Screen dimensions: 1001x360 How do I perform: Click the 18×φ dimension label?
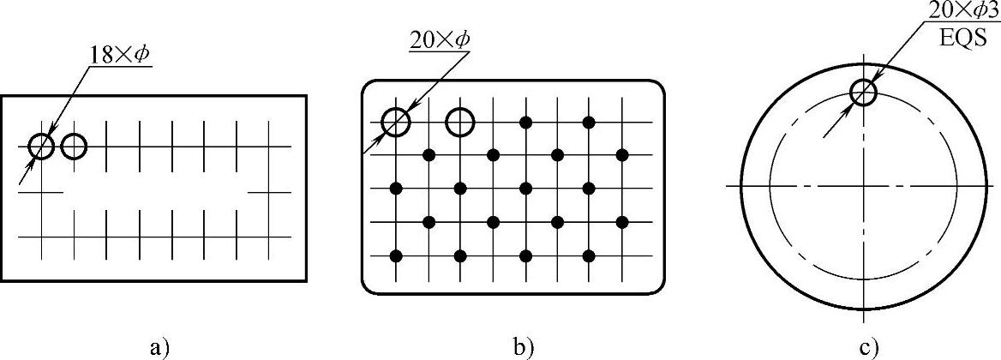click(x=119, y=55)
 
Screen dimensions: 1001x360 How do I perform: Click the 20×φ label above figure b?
click(x=440, y=40)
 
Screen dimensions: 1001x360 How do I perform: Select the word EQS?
click(x=961, y=38)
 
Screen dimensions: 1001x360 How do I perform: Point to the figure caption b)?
click(x=524, y=346)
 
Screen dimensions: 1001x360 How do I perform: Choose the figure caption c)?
click(x=871, y=346)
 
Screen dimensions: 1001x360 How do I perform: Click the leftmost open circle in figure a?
click(x=40, y=147)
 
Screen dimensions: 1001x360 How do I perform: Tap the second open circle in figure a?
click(x=75, y=147)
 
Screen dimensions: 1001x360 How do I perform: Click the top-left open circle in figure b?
click(x=396, y=123)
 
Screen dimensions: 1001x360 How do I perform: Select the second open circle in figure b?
click(x=460, y=123)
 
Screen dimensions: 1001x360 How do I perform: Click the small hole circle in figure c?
click(x=864, y=92)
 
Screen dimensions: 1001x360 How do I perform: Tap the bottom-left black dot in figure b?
click(x=396, y=255)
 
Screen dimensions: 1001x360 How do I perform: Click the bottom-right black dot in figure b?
click(x=589, y=255)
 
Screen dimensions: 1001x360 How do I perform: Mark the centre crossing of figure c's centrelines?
click(x=863, y=185)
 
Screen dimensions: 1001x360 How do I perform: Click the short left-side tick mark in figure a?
click(x=40, y=193)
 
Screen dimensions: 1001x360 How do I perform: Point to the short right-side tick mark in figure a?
click(x=269, y=193)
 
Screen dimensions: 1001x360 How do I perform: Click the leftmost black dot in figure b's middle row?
click(x=396, y=188)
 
